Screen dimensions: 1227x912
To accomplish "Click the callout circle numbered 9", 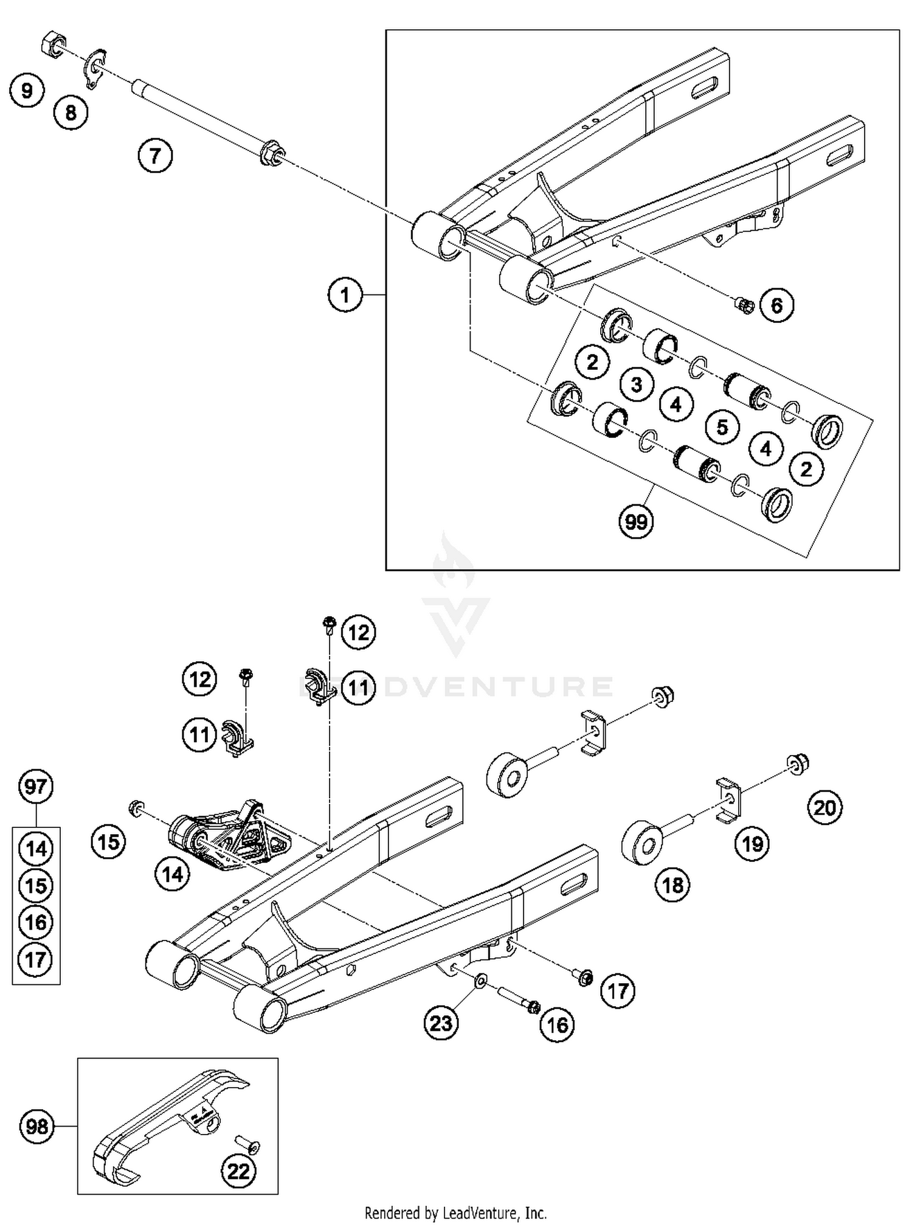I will pos(27,91).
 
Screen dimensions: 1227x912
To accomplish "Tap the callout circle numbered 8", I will pos(71,113).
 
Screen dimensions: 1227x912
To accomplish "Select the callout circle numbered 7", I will pos(155,156).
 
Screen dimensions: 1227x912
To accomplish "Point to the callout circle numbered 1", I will pos(345,295).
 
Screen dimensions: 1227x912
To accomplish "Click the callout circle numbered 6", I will pos(776,305).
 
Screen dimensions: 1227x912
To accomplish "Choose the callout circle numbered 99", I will pos(636,521).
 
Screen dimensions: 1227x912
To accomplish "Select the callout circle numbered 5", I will pos(722,426).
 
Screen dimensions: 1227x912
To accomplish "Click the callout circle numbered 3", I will pos(637,384).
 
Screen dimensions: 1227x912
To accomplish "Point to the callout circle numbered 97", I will pos(35,787).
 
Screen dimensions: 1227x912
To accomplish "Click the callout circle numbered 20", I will pos(825,808).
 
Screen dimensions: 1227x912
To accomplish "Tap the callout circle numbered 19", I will pos(753,844).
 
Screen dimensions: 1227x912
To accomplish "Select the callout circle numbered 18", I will pos(672,885).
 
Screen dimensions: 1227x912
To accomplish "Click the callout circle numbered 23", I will pos(441,1023).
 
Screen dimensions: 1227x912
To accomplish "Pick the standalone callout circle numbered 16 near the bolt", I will pos(557,1025).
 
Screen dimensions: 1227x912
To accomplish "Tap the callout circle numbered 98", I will pos(37,1127).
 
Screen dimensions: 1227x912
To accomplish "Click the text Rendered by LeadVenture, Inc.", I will pos(455,1213).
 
